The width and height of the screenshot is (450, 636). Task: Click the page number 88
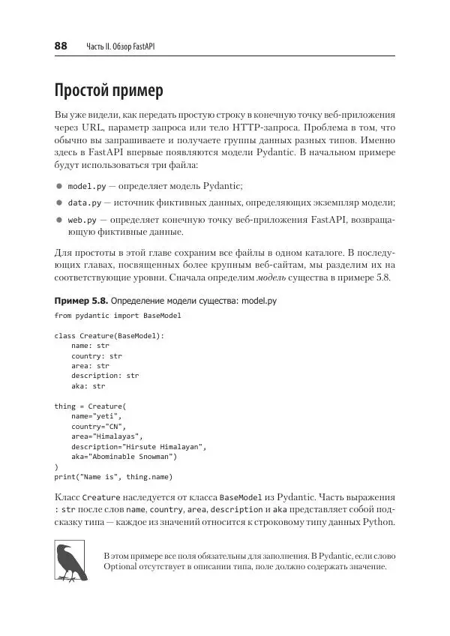pos(61,46)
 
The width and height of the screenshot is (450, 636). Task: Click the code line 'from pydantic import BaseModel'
pos(118,316)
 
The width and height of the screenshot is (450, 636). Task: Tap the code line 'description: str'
pos(105,376)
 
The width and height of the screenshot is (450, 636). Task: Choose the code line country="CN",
pos(98,426)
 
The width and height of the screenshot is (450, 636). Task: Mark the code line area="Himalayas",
pos(106,436)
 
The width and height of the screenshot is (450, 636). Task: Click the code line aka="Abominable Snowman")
pos(124,456)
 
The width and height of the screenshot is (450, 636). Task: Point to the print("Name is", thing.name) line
pos(114,476)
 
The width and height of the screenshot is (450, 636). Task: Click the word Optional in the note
pos(124,567)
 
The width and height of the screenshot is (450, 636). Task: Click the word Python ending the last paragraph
pos(377,523)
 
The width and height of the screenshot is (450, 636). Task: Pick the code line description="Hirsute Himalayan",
pos(139,446)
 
